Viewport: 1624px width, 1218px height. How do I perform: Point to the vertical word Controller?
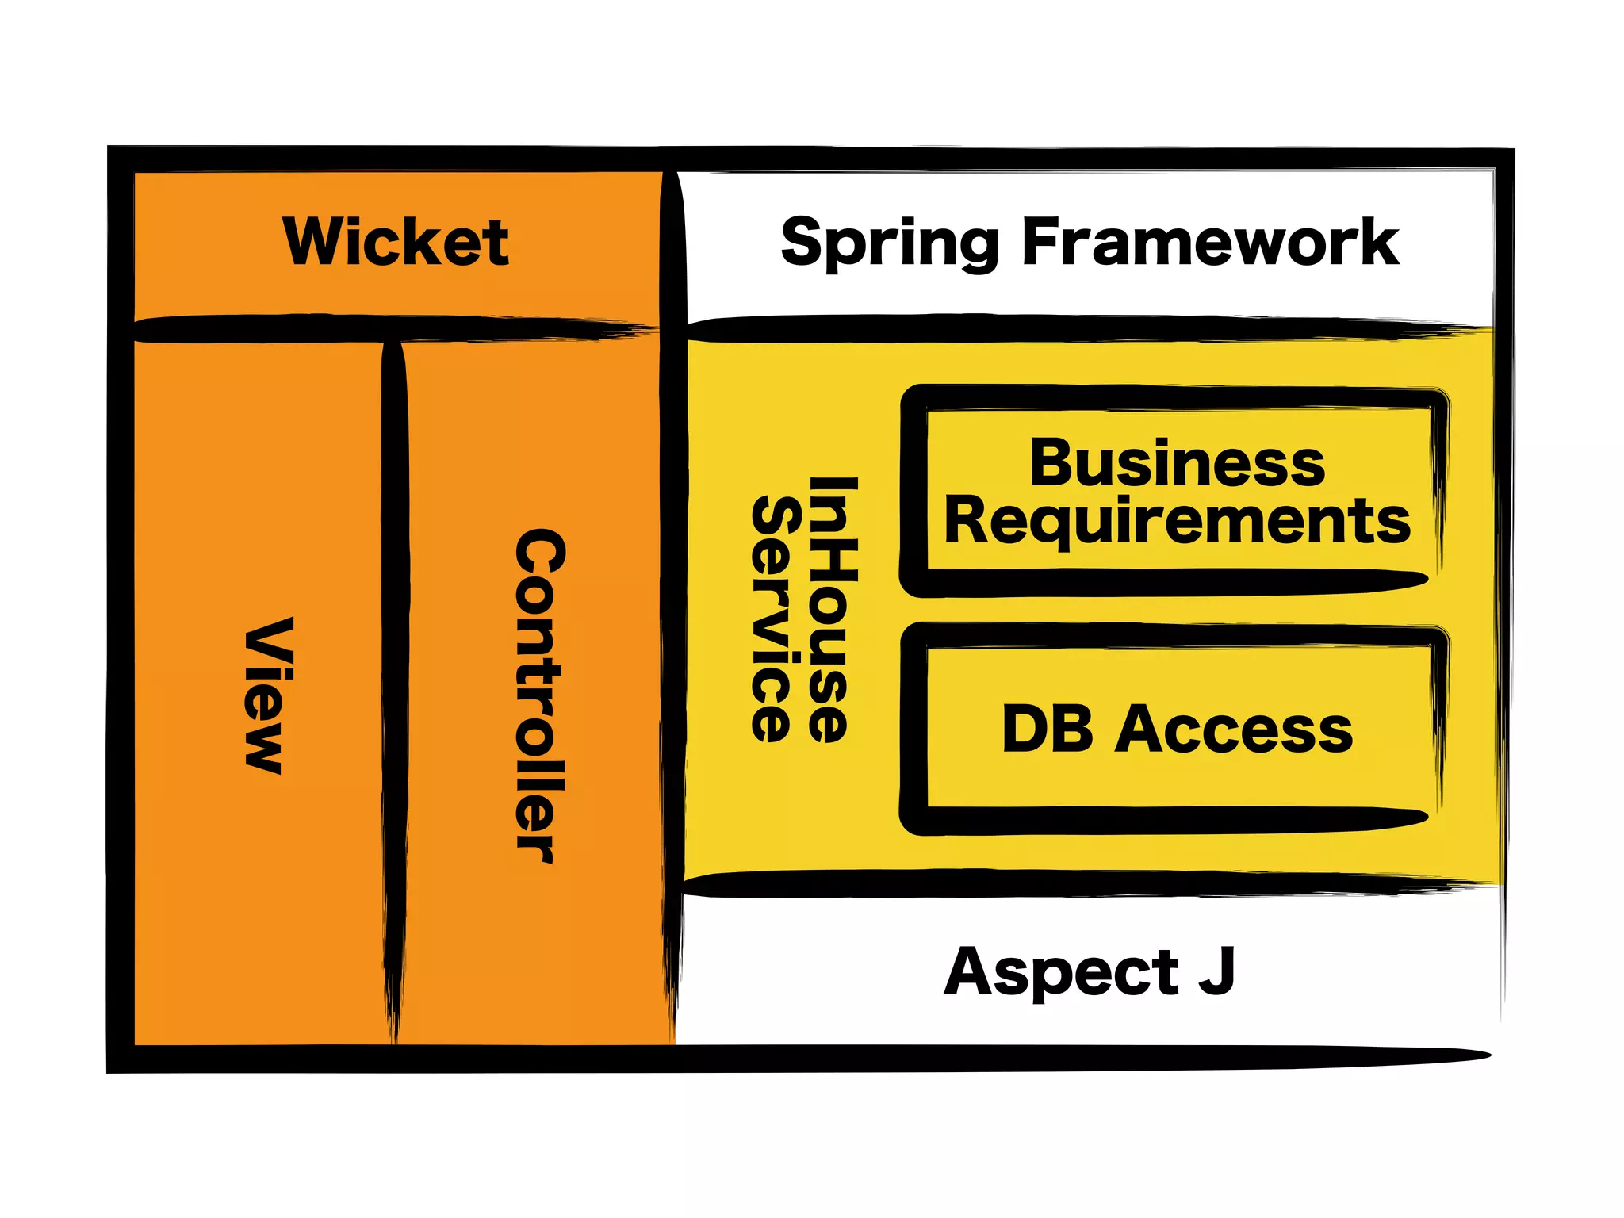[540, 695]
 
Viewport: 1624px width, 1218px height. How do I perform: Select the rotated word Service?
[772, 619]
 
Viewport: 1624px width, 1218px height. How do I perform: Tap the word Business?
[1177, 463]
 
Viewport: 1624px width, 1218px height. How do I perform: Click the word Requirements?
[1177, 522]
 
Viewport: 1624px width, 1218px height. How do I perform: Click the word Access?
[1233, 730]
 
